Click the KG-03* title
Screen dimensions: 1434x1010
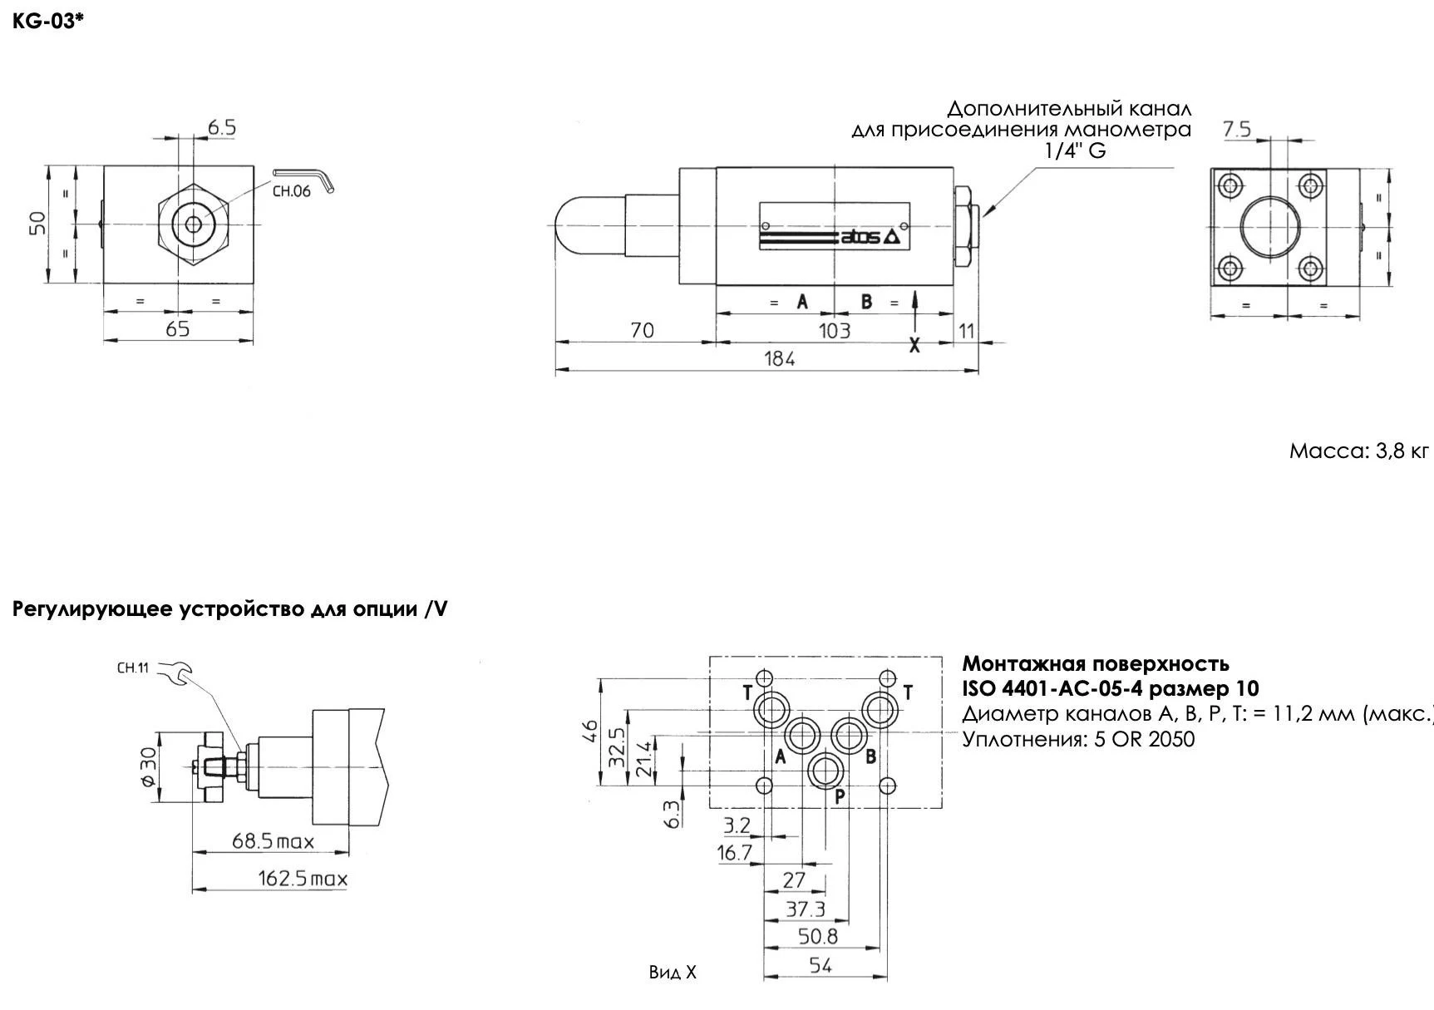click(48, 22)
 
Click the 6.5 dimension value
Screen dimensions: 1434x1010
click(222, 127)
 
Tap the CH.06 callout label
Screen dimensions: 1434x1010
click(291, 191)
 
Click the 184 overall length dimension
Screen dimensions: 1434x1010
click(779, 358)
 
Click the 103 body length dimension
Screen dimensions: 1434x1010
click(834, 331)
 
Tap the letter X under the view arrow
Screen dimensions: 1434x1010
click(914, 346)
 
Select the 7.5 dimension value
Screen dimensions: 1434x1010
click(1236, 129)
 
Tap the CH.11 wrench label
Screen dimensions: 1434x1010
click(132, 668)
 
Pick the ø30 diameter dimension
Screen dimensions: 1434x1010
click(147, 766)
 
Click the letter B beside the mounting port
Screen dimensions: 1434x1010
click(870, 756)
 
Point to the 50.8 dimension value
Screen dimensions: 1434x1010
click(818, 937)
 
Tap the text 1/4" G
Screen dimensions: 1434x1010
click(1075, 150)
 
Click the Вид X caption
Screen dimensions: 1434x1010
click(673, 973)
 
